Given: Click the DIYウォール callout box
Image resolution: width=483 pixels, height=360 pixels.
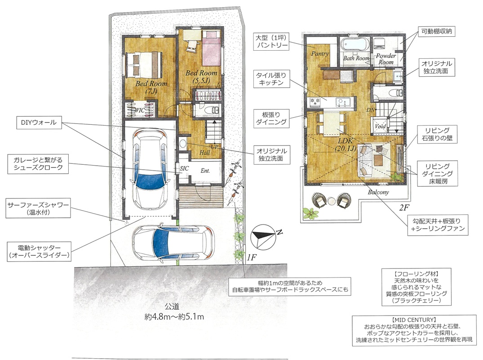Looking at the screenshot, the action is point(39,123).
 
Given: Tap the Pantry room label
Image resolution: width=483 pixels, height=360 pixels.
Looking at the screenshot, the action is point(320,53).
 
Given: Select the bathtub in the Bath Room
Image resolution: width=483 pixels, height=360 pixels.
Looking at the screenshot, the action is point(354,44).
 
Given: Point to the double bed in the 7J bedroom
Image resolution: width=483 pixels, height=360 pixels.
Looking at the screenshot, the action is point(144,64).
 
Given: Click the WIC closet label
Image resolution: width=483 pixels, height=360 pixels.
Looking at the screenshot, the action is point(140,110).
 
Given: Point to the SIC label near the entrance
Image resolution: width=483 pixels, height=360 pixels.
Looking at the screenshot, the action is point(184,168).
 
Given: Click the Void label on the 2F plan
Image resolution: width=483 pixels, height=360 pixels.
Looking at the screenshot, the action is point(380,126).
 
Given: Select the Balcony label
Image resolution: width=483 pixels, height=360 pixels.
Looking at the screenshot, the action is point(378,192).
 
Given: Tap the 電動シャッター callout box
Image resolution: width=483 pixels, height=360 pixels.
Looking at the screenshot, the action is point(39,251).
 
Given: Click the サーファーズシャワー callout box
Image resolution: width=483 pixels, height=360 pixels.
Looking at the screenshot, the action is point(38,208).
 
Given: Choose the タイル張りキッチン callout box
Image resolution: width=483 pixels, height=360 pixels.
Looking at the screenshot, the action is point(271,79).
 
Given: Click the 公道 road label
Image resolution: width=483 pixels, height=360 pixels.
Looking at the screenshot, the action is point(172,307).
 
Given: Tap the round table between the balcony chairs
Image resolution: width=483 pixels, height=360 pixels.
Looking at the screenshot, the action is point(332,201).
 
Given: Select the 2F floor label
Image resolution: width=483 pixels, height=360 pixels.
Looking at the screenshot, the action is point(404,208).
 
